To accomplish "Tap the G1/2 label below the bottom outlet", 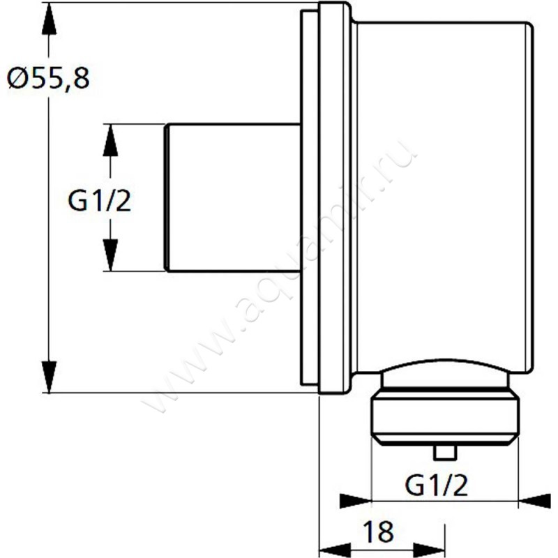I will tap(438, 483).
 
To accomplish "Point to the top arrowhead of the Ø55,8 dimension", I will tap(48, 21).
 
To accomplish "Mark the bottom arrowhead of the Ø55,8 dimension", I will tap(48, 377).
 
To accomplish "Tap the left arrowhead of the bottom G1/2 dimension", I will tap(354, 501).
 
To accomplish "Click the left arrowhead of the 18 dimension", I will tap(335, 549).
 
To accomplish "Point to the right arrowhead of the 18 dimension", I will tap(428, 549).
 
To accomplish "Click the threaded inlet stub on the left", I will tap(232, 197).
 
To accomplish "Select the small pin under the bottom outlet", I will tap(444, 453).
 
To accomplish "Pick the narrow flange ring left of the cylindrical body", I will tap(333, 199).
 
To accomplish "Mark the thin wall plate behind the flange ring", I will tap(308, 199).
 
